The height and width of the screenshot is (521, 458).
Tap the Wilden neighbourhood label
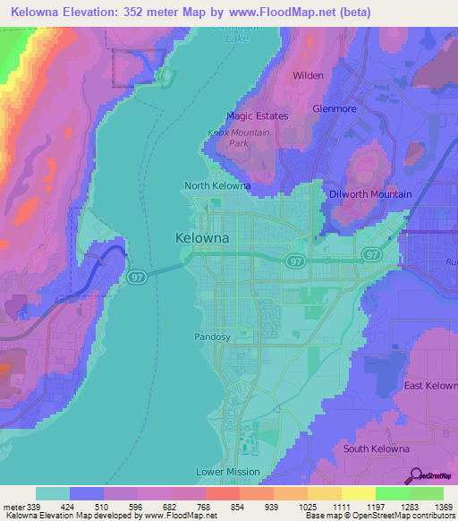308,76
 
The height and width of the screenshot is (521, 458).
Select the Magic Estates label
257,116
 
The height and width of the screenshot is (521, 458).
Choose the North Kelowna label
217,186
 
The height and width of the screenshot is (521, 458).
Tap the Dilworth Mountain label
370,194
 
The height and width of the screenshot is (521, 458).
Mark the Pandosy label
213,337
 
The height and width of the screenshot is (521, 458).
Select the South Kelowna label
377,448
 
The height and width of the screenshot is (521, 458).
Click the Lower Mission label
228,472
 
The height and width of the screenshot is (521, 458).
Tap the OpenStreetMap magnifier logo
416,474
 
